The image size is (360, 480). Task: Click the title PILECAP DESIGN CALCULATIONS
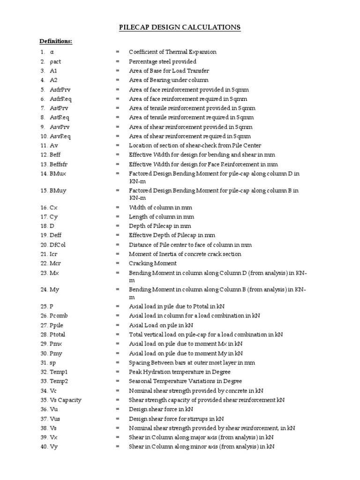click(x=180, y=28)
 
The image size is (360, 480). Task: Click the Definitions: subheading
click(x=56, y=41)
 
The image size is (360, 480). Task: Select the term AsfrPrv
click(x=60, y=90)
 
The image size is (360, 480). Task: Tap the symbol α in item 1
click(x=52, y=52)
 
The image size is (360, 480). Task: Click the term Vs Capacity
click(x=65, y=400)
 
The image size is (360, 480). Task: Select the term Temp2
click(x=59, y=381)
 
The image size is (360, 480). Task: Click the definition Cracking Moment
click(x=153, y=263)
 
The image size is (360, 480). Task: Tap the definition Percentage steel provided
click(x=163, y=61)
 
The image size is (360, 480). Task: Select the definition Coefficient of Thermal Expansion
click(x=172, y=52)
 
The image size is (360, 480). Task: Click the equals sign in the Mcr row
click(x=118, y=263)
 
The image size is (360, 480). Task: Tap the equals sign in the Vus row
click(x=118, y=419)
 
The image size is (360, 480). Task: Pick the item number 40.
click(x=43, y=447)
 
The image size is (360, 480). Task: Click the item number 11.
click(x=43, y=145)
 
